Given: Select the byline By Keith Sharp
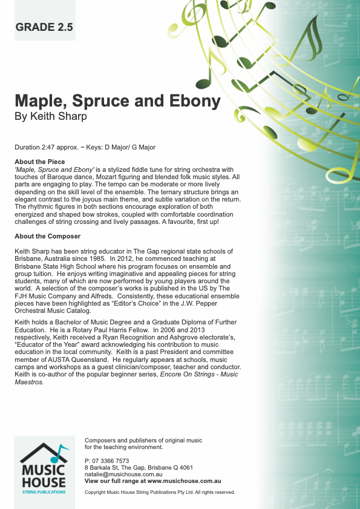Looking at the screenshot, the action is point(51,116).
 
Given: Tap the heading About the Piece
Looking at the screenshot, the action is point(39,162).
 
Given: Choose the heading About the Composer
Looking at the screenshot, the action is point(47,236).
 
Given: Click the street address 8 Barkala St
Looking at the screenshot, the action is point(105,467).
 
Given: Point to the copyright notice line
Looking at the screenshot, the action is point(160,492).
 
